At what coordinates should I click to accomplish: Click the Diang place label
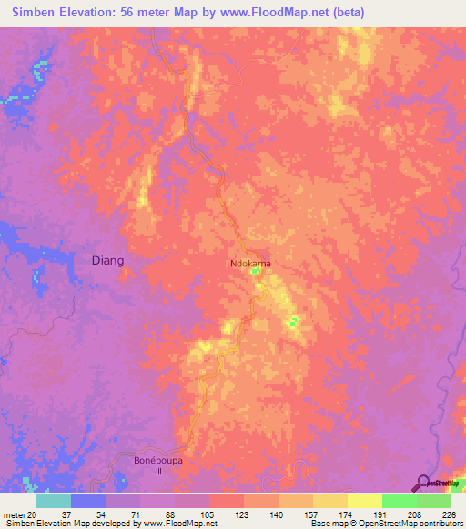point(108,260)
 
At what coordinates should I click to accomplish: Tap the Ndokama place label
point(249,264)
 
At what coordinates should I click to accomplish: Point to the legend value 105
point(208,514)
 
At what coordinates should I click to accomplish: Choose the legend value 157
point(312,514)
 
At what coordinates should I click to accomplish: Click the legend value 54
point(105,514)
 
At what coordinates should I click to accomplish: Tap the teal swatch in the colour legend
point(54,501)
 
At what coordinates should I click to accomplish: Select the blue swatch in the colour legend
point(88,501)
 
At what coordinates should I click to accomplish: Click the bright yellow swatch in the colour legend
point(364,501)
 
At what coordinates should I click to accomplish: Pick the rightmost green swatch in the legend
point(433,501)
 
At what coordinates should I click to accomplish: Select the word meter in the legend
point(13,514)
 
